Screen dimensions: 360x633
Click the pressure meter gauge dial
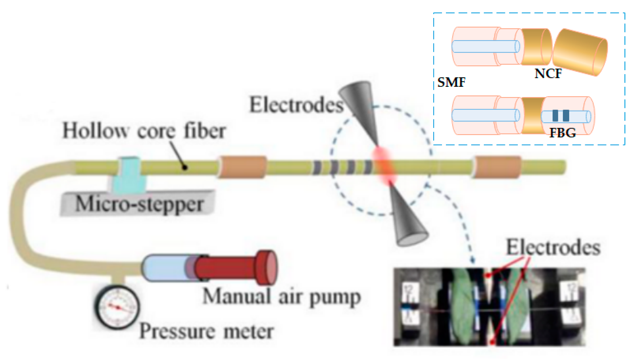pos(117,307)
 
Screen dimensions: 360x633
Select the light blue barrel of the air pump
pos(164,268)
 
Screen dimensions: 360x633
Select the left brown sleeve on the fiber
pos(243,167)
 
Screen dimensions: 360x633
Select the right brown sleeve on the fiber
pos(497,167)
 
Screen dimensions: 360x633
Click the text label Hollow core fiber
pos(144,131)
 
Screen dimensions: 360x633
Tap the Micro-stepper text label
pos(139,203)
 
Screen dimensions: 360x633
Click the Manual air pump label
pos(281,297)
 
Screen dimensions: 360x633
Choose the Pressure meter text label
pos(206,331)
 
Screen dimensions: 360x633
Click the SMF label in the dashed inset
pos(451,82)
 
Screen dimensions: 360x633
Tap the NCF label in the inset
pos(548,73)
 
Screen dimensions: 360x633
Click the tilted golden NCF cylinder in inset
pos(580,52)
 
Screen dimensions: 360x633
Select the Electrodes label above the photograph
pos(553,248)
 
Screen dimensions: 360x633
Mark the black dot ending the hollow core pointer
pos(185,168)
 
